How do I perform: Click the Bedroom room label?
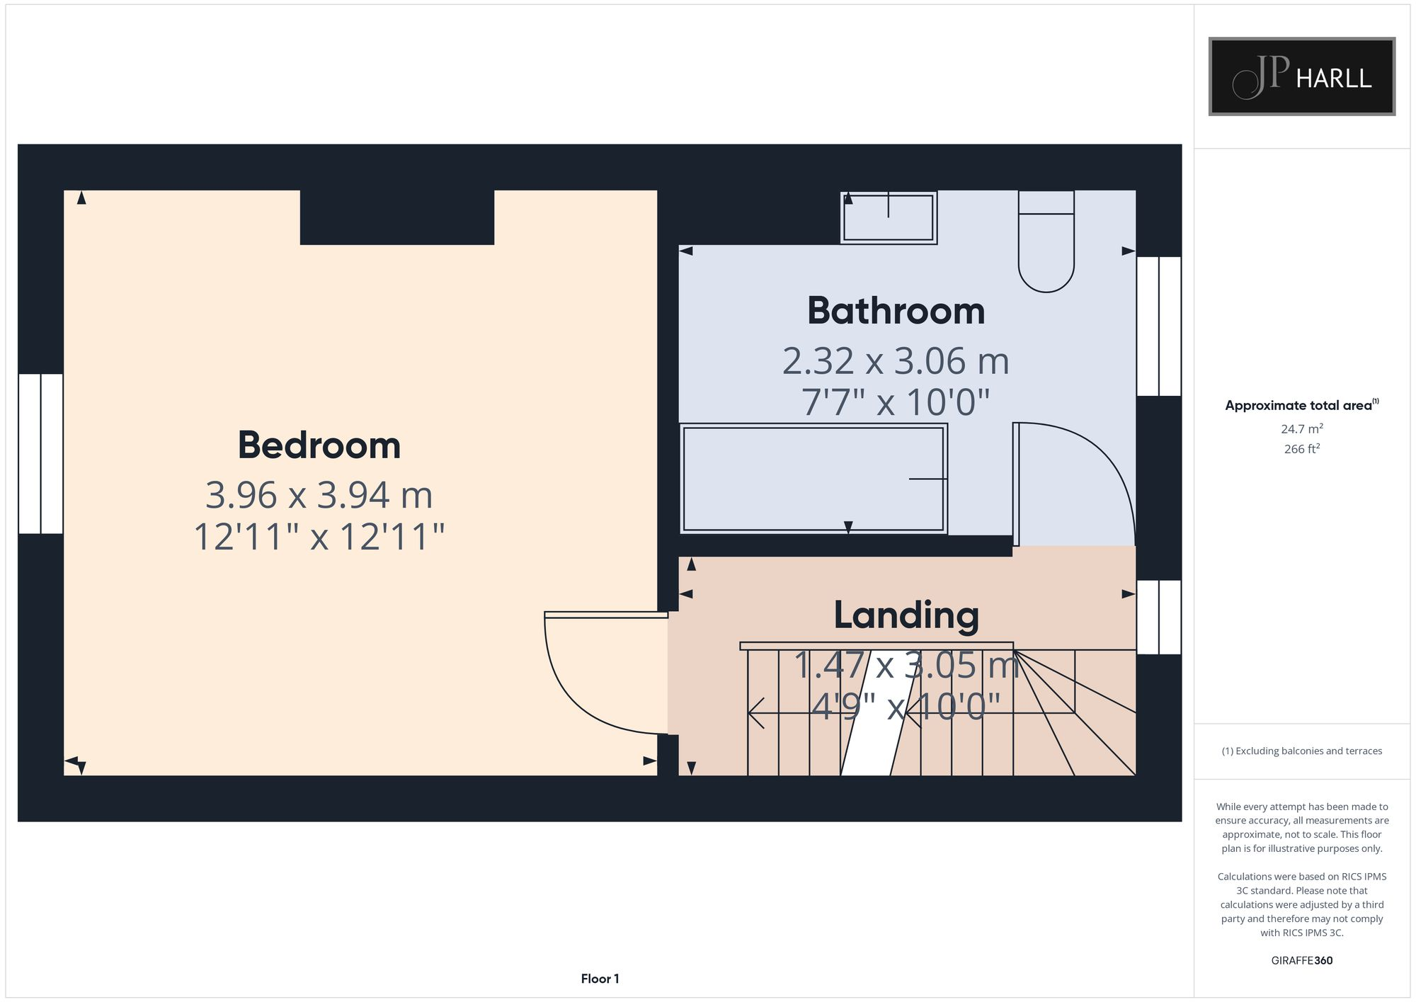pos(319,445)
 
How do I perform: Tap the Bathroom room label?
pos(896,311)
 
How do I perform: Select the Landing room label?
pos(906,615)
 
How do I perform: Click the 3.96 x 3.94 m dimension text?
pos(319,495)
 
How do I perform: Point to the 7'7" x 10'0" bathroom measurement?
pos(895,402)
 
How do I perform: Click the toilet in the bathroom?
pos(1046,244)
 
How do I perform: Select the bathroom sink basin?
pos(889,218)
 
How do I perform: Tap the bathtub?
pos(813,479)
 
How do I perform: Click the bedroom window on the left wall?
pos(40,453)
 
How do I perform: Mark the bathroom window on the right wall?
pos(1158,326)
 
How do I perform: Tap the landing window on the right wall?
pos(1158,617)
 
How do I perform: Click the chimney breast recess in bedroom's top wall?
pos(396,217)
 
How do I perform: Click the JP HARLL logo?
pos(1301,76)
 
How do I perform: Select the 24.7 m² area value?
pos(1301,429)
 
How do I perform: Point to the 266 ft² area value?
pos(1301,449)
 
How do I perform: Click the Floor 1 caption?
pos(600,979)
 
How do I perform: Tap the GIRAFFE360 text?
pos(1301,961)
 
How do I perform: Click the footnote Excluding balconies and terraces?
pos(1301,751)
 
